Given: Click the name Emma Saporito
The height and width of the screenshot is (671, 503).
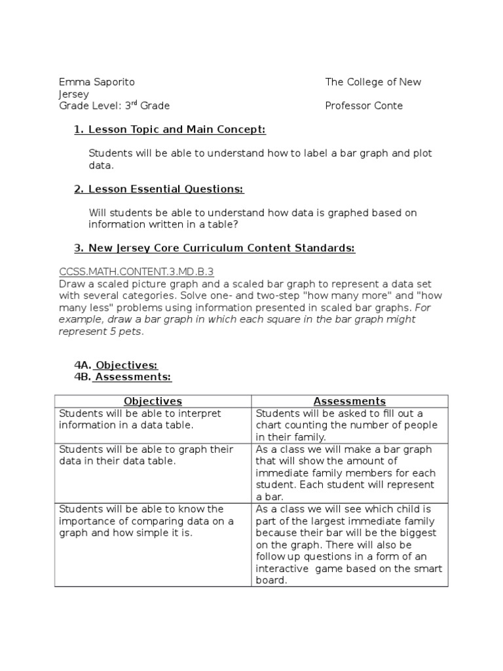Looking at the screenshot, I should pyautogui.click(x=96, y=82).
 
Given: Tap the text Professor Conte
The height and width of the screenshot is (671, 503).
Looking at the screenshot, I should pyautogui.click(x=363, y=105).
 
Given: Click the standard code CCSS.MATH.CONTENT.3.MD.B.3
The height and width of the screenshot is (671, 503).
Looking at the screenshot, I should pyautogui.click(x=136, y=271).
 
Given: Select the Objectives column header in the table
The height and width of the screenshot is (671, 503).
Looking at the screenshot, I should pyautogui.click(x=153, y=401).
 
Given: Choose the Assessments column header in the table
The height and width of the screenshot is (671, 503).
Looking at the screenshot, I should pyautogui.click(x=349, y=401).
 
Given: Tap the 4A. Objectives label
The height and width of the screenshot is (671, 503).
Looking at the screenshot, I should pyautogui.click(x=116, y=365).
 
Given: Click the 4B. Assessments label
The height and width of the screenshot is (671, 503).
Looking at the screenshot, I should pyautogui.click(x=122, y=377).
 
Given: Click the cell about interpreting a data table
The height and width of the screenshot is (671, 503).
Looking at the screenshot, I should pyautogui.click(x=140, y=419).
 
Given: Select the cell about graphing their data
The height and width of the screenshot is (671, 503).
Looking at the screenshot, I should pyautogui.click(x=146, y=455).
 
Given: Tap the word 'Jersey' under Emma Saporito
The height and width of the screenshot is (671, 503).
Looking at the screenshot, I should pyautogui.click(x=73, y=94).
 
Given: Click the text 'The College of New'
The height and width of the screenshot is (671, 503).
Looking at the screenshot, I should pyautogui.click(x=373, y=82).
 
